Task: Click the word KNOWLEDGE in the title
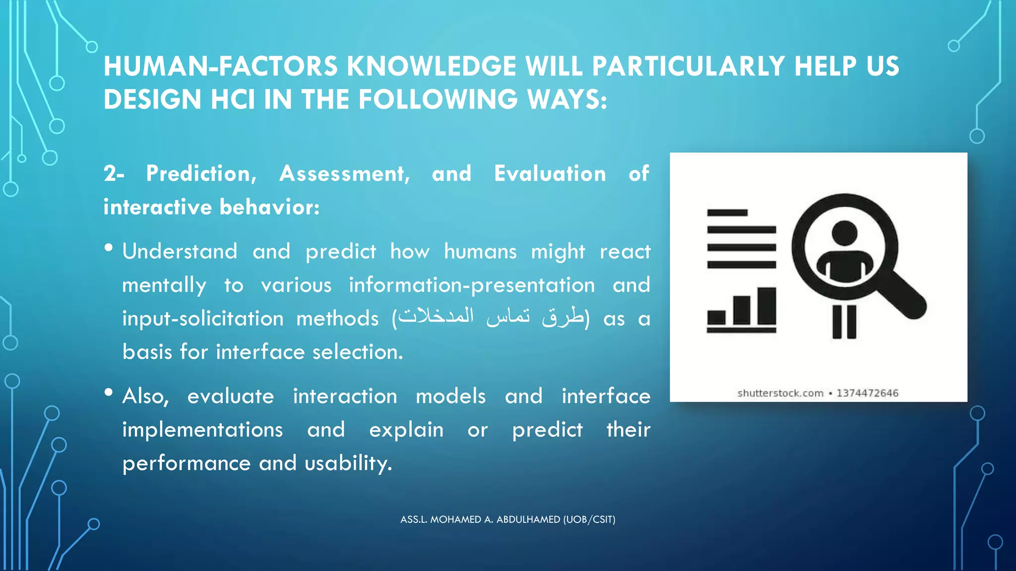coord(431,66)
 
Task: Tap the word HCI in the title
coord(233,100)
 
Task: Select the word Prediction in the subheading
coord(201,174)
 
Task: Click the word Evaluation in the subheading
coord(550,174)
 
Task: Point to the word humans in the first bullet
coord(480,252)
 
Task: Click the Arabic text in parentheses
coord(491,317)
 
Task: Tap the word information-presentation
coord(471,285)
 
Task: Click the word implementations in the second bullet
coord(202,430)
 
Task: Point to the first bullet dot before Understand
coord(109,248)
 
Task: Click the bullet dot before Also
coord(109,393)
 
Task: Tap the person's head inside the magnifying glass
coord(844,233)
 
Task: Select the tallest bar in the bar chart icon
coord(767,306)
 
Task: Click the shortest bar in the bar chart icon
coord(716,317)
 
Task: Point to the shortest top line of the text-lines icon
coord(727,213)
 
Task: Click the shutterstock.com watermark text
coord(780,394)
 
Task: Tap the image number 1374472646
coord(867,394)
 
